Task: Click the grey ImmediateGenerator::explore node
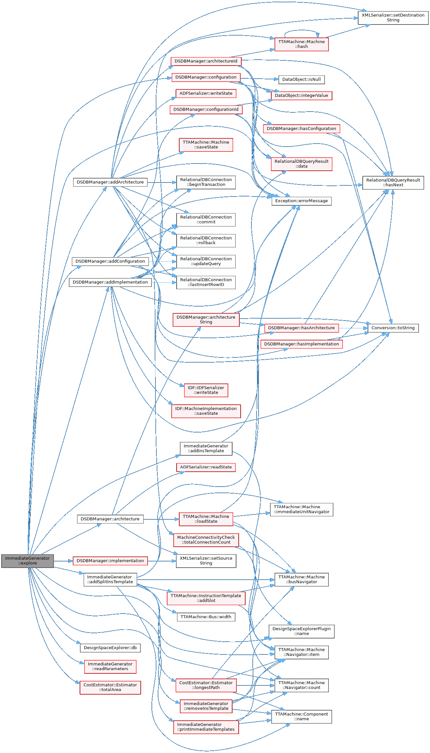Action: pyautogui.click(x=27, y=560)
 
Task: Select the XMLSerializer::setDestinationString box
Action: pyautogui.click(x=393, y=18)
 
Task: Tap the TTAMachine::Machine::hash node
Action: pyautogui.click(x=301, y=44)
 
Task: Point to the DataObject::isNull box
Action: pyautogui.click(x=301, y=79)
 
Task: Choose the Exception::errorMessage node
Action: pyautogui.click(x=301, y=201)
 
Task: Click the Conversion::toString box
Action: pyautogui.click(x=393, y=328)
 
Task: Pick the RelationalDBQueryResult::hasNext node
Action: pyautogui.click(x=393, y=182)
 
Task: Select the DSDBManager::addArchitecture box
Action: pyautogui.click(x=110, y=182)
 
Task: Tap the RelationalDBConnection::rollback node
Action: pyautogui.click(x=206, y=240)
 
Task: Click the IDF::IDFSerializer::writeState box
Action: pyautogui.click(x=206, y=390)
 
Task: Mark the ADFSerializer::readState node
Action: pyautogui.click(x=206, y=467)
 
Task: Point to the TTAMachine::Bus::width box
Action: pyautogui.click(x=206, y=617)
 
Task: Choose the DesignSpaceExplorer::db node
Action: pyautogui.click(x=110, y=648)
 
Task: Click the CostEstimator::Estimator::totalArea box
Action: pyautogui.click(x=110, y=687)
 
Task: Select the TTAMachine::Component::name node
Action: pyautogui.click(x=301, y=716)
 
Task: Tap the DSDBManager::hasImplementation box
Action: pyautogui.click(x=301, y=344)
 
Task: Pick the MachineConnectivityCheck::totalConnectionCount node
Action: pyautogui.click(x=206, y=540)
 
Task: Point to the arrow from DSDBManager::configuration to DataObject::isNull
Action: pyautogui.click(x=260, y=79)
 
